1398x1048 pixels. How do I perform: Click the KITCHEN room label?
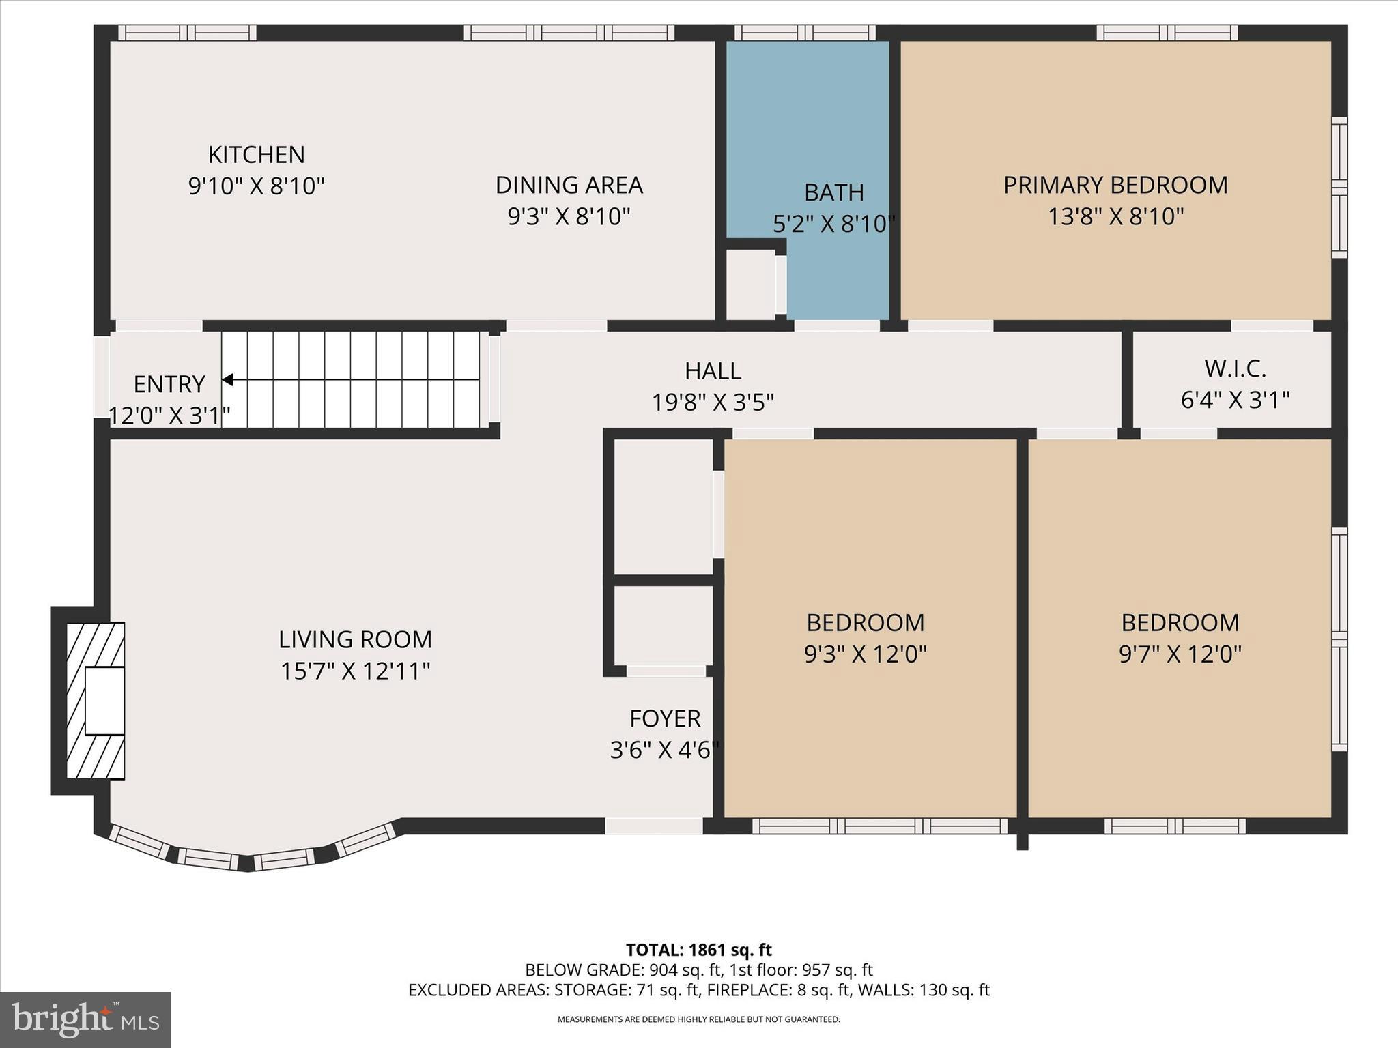click(256, 155)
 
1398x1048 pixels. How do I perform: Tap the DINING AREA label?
click(569, 185)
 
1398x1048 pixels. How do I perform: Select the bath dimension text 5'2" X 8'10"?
click(833, 223)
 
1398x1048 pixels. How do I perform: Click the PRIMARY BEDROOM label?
click(1115, 185)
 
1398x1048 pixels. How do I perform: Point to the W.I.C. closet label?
click(1235, 368)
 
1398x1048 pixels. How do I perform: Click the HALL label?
click(713, 370)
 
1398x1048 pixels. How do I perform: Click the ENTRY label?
click(169, 384)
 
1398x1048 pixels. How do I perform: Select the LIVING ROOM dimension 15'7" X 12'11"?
click(355, 671)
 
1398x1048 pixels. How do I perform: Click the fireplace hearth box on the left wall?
click(104, 701)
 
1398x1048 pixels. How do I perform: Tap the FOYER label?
click(664, 718)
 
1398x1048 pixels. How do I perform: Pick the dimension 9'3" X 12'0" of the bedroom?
click(865, 654)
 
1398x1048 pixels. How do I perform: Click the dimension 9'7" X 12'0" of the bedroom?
click(1180, 654)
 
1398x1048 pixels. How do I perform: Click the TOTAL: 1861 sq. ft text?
click(698, 950)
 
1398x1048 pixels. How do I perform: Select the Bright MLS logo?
click(85, 1019)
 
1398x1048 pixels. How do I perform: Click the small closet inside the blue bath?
click(750, 284)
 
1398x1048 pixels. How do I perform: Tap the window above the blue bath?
click(804, 32)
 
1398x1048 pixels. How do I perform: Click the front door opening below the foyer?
click(653, 826)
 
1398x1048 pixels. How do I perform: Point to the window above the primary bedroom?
click(1167, 32)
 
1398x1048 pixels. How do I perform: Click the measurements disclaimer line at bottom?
click(698, 1019)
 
